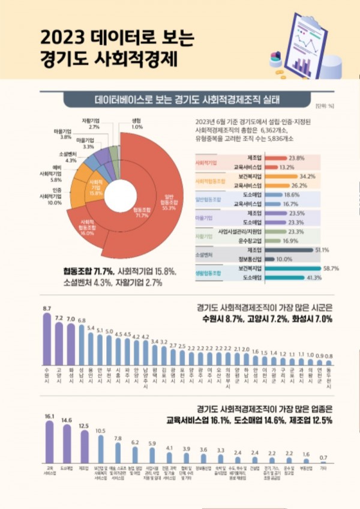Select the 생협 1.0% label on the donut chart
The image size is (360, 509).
point(137,124)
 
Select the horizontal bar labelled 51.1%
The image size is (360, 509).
point(288,250)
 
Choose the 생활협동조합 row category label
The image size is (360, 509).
point(205,274)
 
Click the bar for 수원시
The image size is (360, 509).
point(47,337)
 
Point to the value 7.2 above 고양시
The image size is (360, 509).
point(59,317)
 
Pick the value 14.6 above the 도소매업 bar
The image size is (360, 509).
point(67,420)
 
